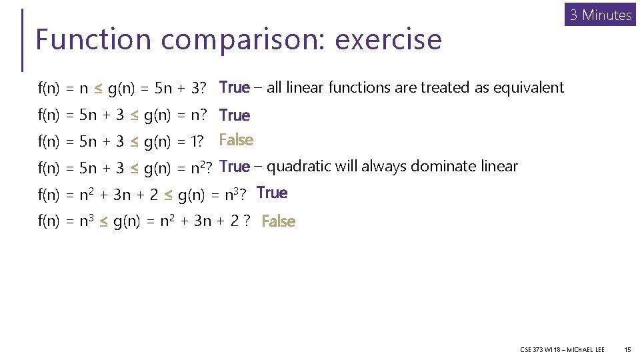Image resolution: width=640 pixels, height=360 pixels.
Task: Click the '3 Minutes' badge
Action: click(x=601, y=15)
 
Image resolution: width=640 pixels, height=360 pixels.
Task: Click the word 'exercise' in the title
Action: click(x=388, y=39)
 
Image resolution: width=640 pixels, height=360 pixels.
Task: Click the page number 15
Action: click(x=627, y=349)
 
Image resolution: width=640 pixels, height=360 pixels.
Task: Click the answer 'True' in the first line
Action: click(x=234, y=87)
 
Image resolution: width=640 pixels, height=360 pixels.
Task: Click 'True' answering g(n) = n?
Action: click(x=234, y=115)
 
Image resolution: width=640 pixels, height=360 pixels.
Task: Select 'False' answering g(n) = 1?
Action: click(x=236, y=140)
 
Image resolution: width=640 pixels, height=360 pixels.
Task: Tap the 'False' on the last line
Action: click(x=279, y=221)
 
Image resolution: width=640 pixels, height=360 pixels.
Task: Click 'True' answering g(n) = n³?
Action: click(x=272, y=193)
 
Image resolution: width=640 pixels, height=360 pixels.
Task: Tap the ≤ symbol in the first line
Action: click(x=99, y=88)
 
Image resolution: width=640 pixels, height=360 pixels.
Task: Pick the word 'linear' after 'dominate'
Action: click(x=497, y=166)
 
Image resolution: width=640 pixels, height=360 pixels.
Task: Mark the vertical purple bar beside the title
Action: click(x=23, y=39)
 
